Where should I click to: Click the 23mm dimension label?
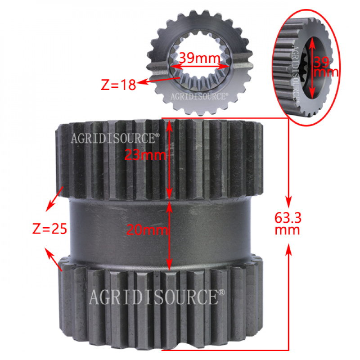point(145,155)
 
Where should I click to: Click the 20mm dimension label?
point(147,229)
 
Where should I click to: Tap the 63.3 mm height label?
point(288,224)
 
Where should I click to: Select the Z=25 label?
point(49,229)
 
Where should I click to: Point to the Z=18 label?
point(118,85)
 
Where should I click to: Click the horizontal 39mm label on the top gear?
point(199,58)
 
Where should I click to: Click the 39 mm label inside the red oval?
point(326,67)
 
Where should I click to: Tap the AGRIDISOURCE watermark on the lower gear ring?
point(157,297)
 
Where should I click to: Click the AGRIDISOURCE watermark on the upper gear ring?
point(115,138)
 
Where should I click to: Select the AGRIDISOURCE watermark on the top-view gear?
point(199,96)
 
